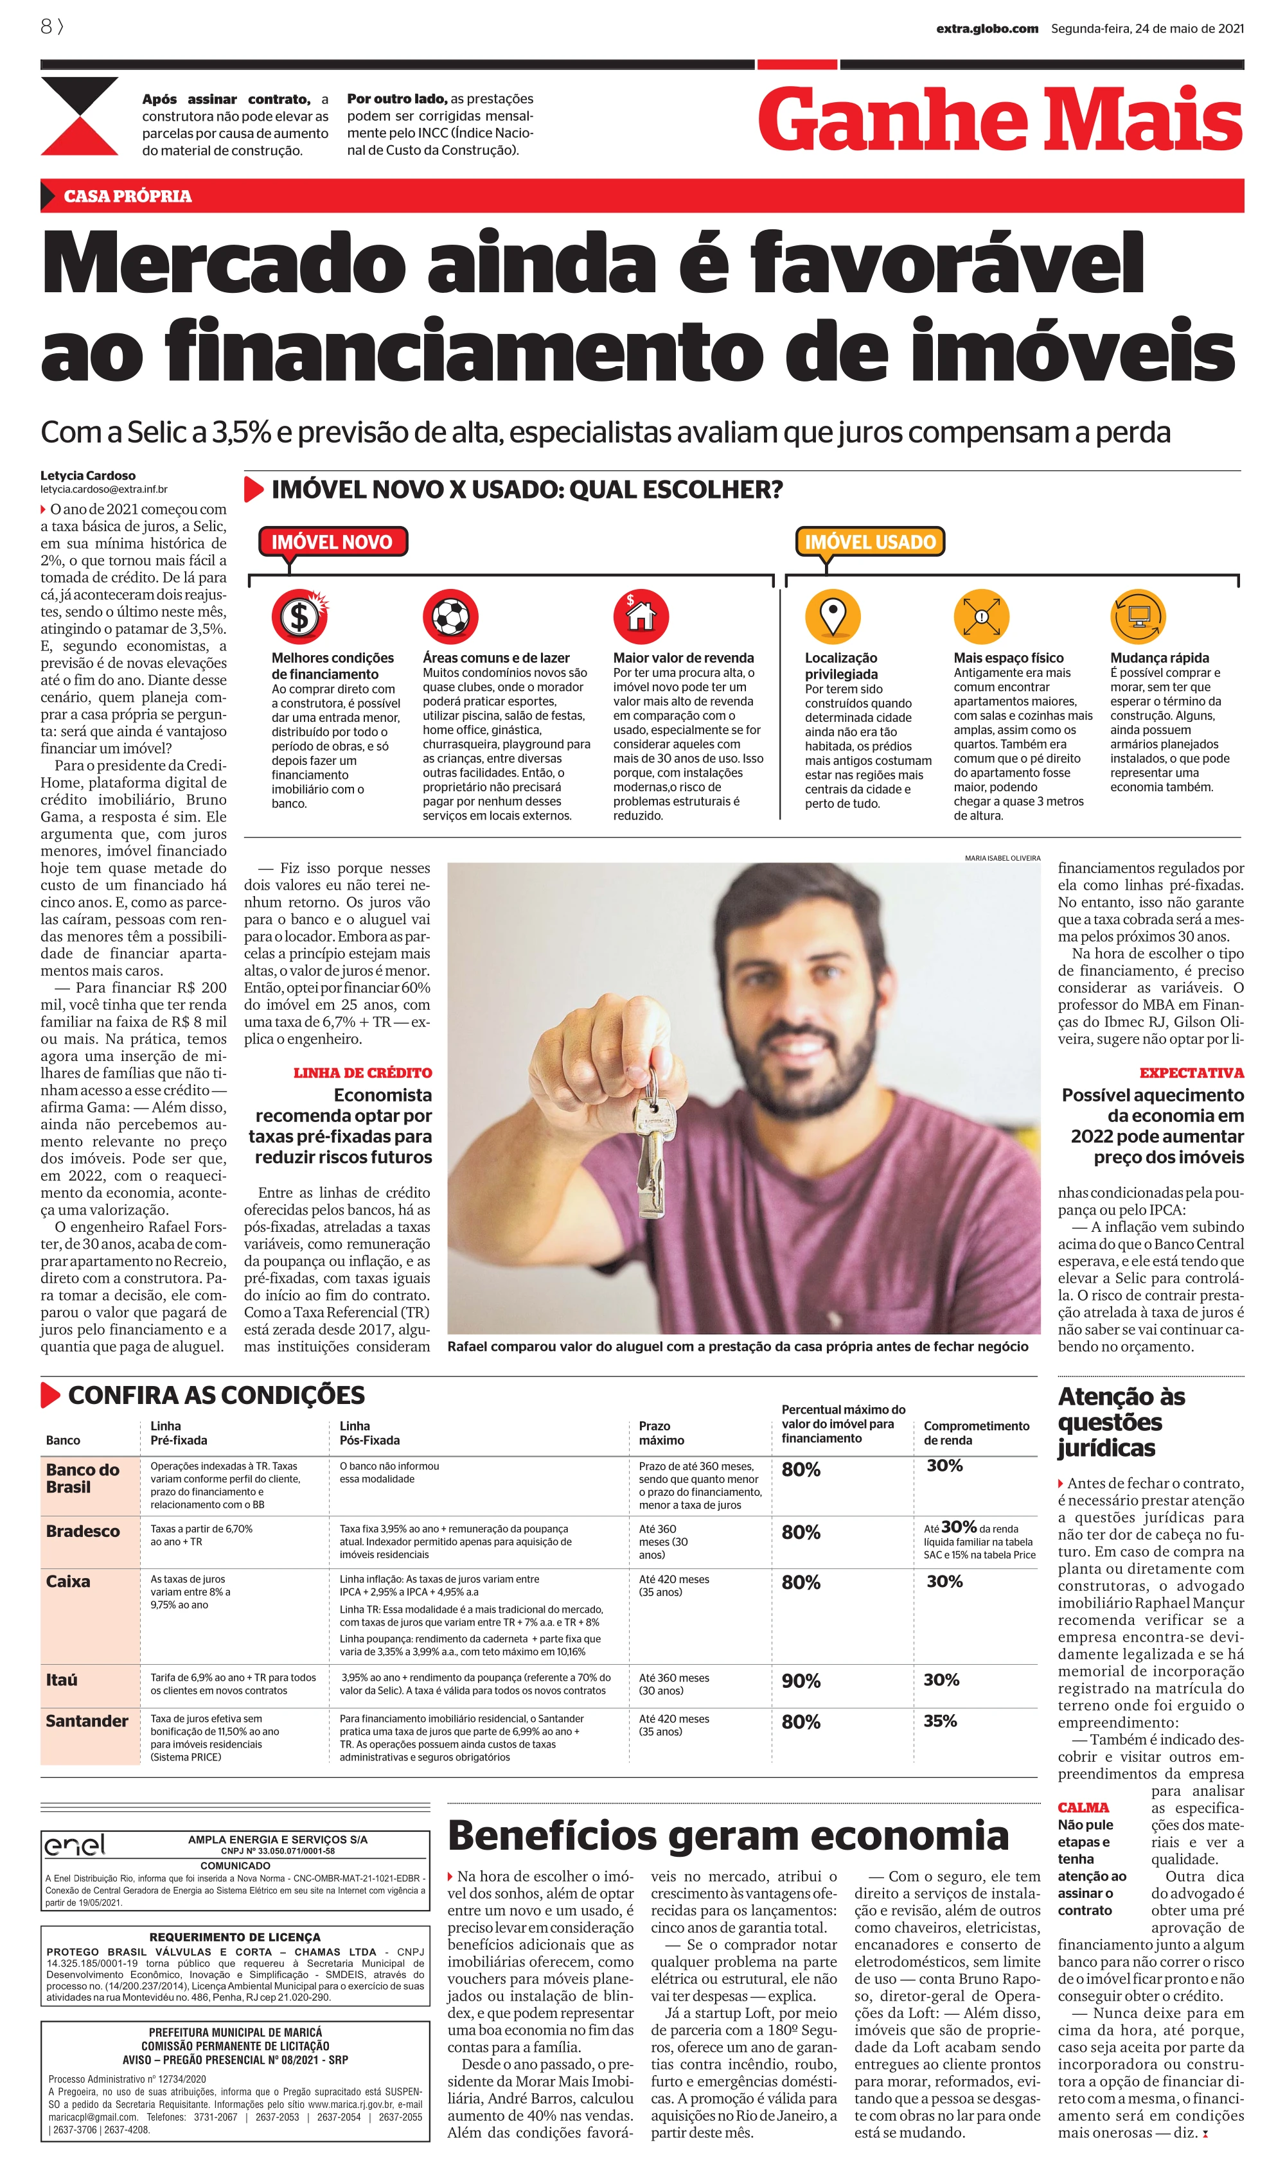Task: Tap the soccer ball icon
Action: (x=450, y=617)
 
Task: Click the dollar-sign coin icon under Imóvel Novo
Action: (x=299, y=617)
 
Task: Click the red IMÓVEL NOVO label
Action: (x=333, y=542)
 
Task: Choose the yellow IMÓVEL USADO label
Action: (x=869, y=542)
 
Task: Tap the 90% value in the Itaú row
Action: (x=801, y=1681)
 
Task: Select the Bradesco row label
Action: (x=83, y=1531)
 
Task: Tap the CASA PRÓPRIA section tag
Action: (x=127, y=196)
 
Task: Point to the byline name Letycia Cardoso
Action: (x=87, y=475)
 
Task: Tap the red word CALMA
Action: (x=1083, y=1807)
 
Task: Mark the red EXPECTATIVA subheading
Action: (x=1191, y=1073)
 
